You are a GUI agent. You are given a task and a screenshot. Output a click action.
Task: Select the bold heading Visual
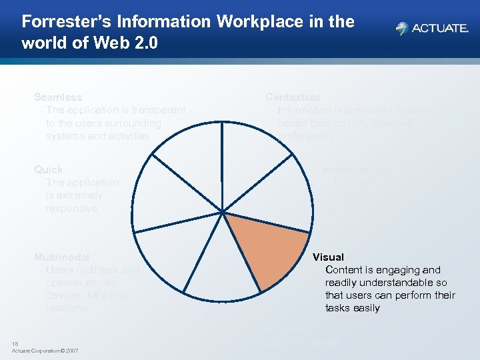pos(328,257)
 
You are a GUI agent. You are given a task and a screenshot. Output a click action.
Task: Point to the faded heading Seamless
pos(58,97)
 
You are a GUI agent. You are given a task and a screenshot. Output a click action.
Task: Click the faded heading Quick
pos(49,170)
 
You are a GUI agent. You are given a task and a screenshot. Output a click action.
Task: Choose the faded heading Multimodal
pos(61,257)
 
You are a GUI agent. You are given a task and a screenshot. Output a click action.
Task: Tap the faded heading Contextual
pos(293,97)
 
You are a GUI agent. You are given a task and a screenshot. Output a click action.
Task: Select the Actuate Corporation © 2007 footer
pos(45,351)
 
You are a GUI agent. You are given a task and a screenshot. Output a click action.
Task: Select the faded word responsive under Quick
pos(71,209)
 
